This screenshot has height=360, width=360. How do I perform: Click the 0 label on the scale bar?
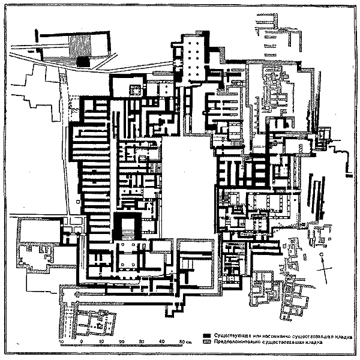81,341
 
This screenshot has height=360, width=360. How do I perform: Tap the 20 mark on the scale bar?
122,341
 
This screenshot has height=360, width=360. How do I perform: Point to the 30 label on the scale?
142,341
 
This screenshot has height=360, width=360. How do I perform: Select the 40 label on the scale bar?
162,341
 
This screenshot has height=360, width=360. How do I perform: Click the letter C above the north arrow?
322,256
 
